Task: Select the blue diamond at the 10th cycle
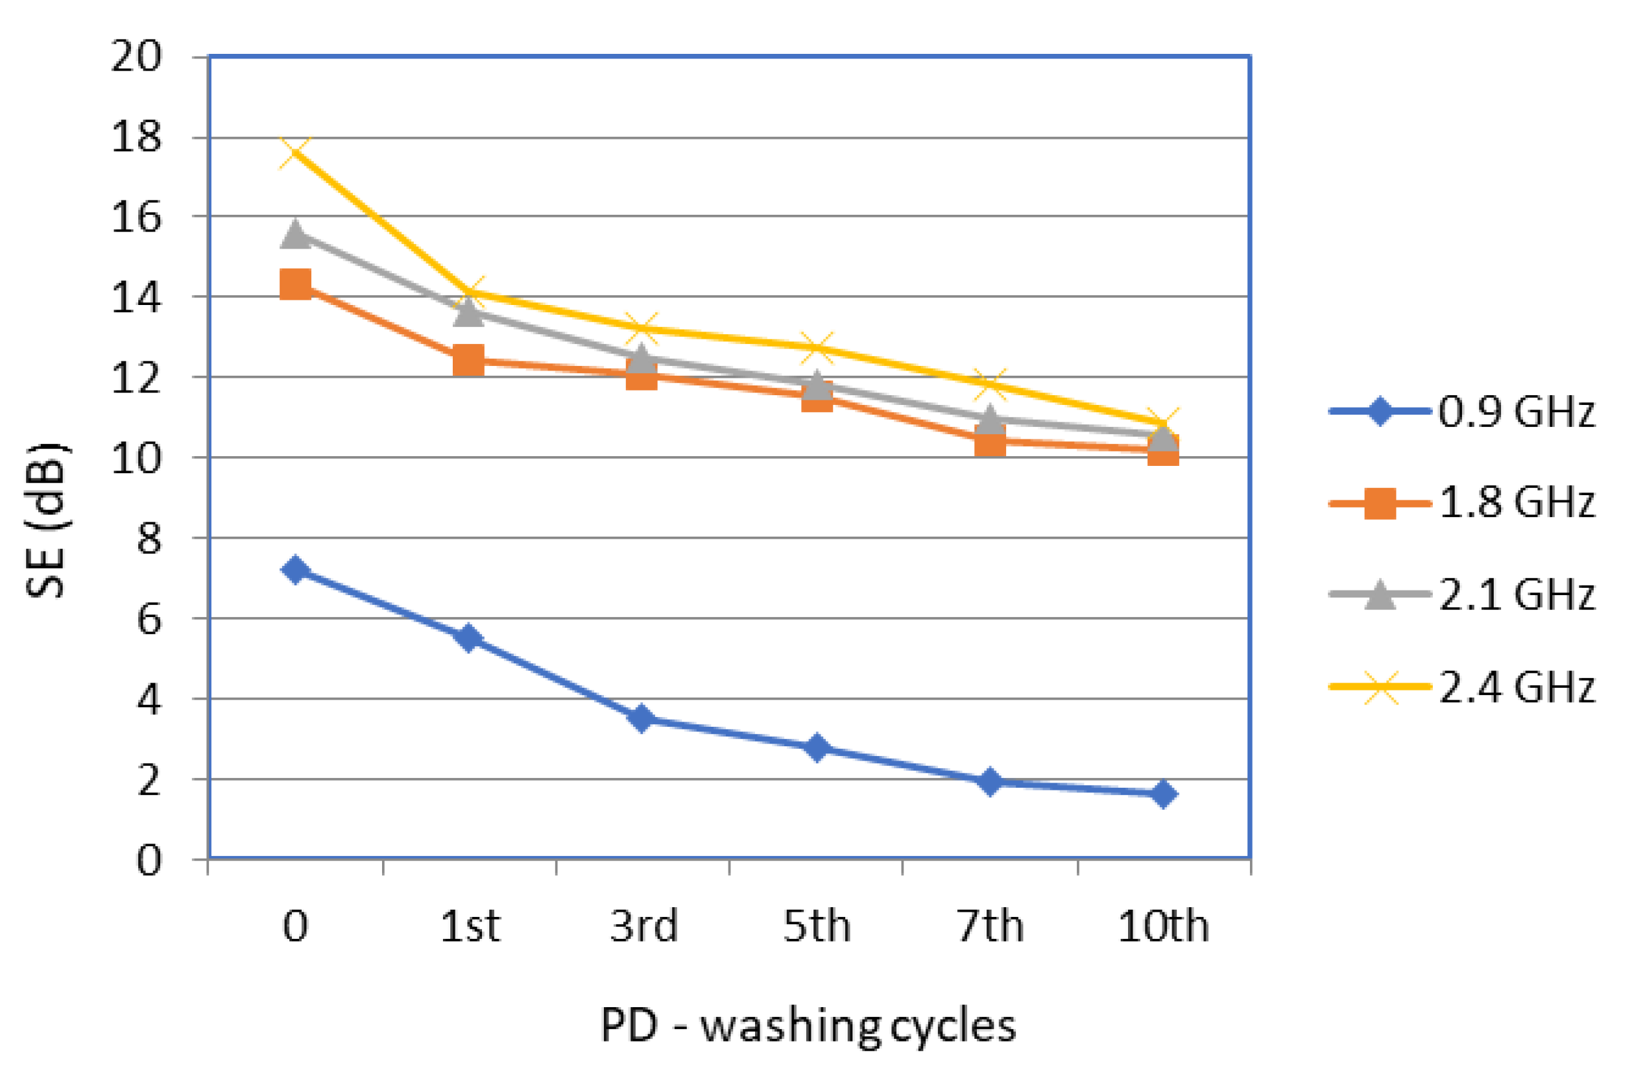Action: click(x=1164, y=794)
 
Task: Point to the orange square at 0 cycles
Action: click(x=296, y=284)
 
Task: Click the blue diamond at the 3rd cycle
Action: click(x=642, y=719)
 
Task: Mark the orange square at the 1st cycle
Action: click(x=469, y=361)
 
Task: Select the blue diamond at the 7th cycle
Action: click(x=990, y=781)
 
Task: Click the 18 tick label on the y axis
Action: click(x=136, y=138)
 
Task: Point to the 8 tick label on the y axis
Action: click(x=149, y=539)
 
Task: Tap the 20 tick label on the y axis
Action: click(x=136, y=56)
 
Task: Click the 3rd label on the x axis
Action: click(x=643, y=927)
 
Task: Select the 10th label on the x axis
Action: click(x=1164, y=927)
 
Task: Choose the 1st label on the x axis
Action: click(x=470, y=927)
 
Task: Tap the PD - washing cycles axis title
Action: click(x=808, y=1026)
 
